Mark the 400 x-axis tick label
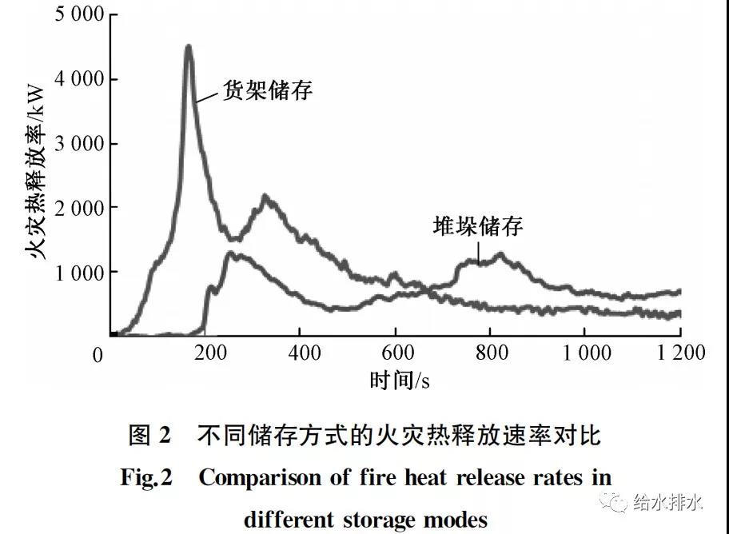click(x=299, y=353)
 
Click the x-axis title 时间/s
click(x=400, y=381)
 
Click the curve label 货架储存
click(x=266, y=90)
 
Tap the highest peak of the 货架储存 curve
click(x=189, y=47)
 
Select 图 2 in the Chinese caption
click(x=149, y=436)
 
